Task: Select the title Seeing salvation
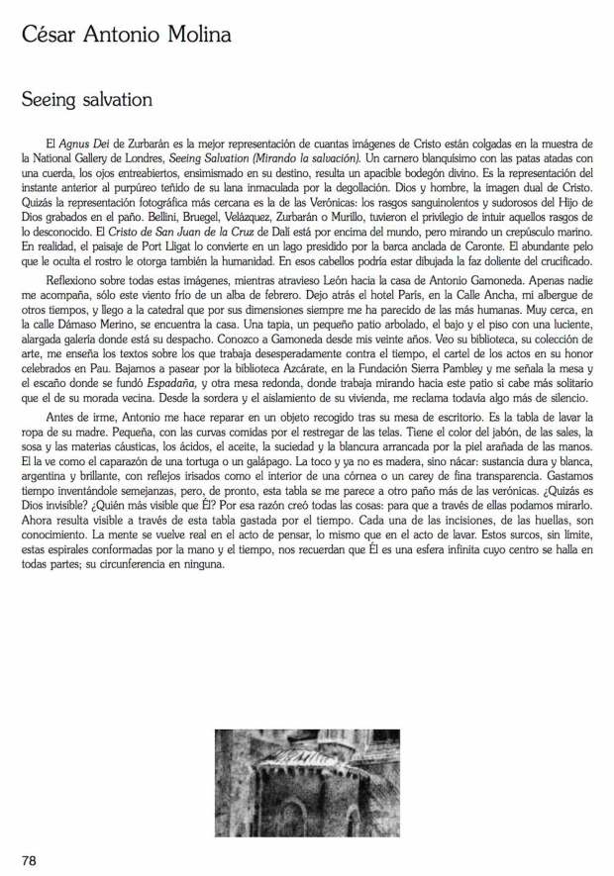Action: pyautogui.click(x=87, y=101)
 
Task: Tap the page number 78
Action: pyautogui.click(x=30, y=860)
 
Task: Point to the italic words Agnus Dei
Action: pyautogui.click(x=82, y=145)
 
